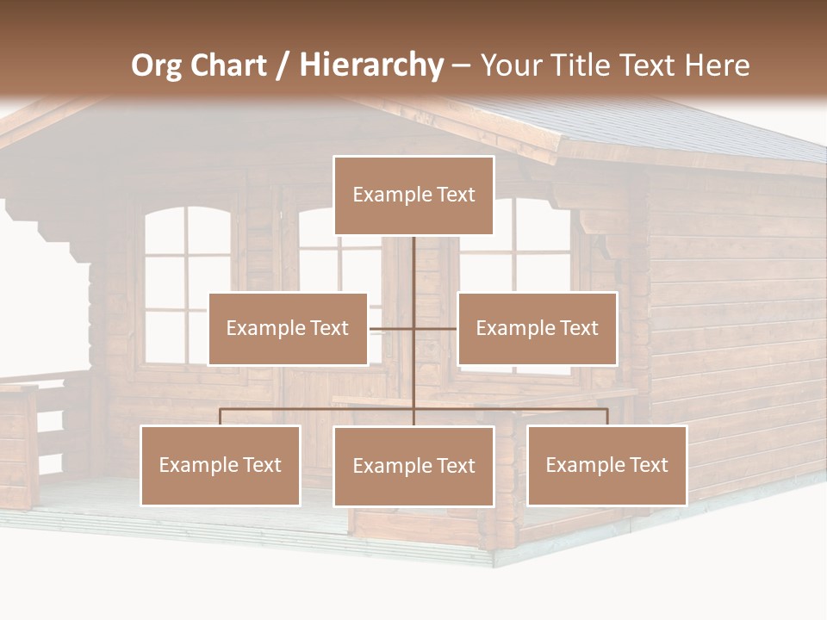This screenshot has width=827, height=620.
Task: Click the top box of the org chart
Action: coord(413,195)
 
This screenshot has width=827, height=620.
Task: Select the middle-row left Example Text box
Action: coord(288,328)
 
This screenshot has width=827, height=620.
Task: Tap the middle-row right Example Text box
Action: coord(537,328)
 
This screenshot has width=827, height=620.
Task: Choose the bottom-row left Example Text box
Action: coord(221,465)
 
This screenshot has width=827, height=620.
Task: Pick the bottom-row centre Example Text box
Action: coord(413,466)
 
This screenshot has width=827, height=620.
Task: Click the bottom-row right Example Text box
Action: coord(606,465)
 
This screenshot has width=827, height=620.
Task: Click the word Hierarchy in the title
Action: coord(370,65)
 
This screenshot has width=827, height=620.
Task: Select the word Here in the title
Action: coord(717,65)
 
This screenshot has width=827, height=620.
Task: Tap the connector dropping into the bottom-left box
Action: coord(221,417)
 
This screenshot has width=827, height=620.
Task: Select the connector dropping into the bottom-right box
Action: coord(606,417)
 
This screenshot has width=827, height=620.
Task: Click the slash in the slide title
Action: coord(283,66)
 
